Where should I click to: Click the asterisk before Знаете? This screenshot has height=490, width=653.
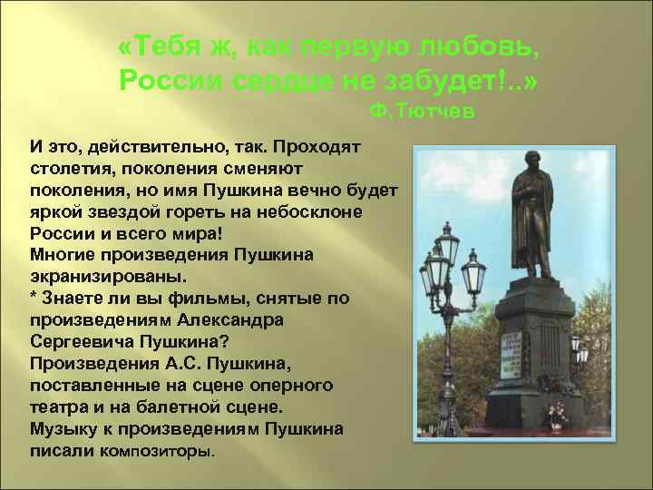[34, 298]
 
